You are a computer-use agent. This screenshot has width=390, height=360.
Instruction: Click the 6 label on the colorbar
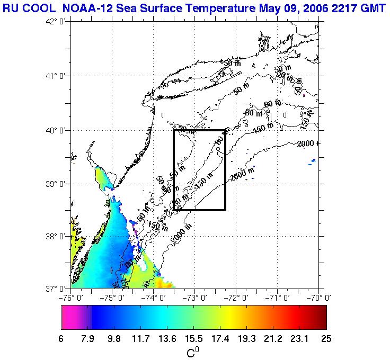tap(61, 339)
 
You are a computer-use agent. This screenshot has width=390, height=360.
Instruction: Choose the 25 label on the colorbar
tap(325, 339)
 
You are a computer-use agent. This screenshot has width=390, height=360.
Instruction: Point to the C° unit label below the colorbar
tap(193, 352)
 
